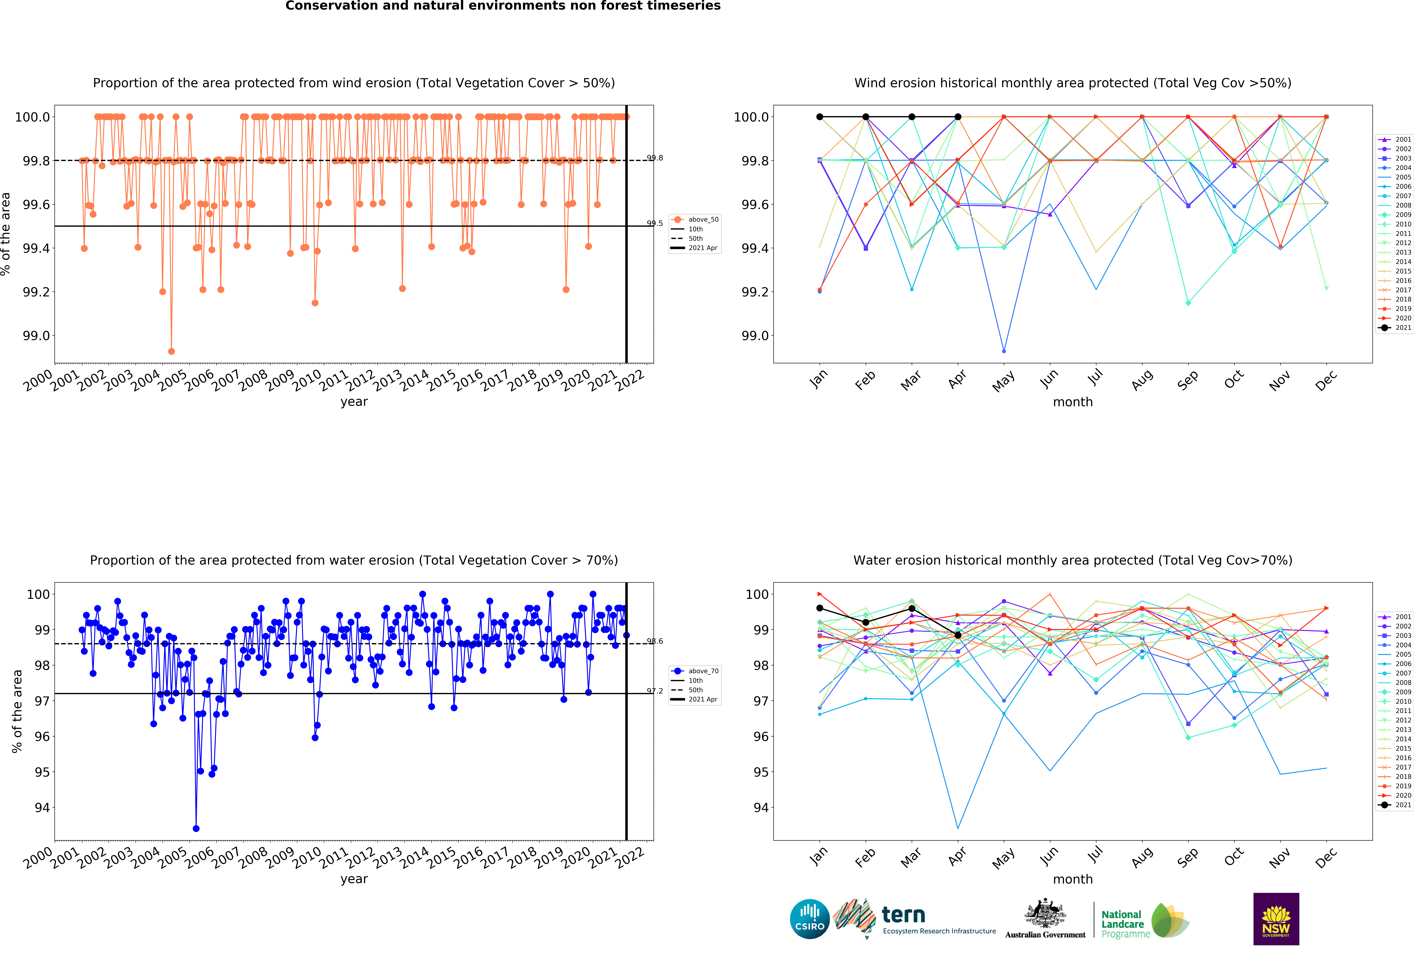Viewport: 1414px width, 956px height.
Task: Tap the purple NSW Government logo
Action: coord(1276,919)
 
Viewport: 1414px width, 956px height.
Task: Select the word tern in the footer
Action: coord(903,915)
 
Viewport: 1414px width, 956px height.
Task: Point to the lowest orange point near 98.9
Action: coord(172,351)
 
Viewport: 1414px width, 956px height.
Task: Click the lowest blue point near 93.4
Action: coord(196,828)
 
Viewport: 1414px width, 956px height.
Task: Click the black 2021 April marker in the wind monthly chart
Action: coord(958,117)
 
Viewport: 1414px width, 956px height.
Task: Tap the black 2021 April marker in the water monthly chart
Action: coord(958,635)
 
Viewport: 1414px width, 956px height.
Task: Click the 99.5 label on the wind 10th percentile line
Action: coord(655,223)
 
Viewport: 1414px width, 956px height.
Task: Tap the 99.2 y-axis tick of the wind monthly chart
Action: coord(754,292)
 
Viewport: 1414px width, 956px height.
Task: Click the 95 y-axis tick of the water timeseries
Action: coord(42,772)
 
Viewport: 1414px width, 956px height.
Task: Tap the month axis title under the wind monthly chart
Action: coord(1073,402)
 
